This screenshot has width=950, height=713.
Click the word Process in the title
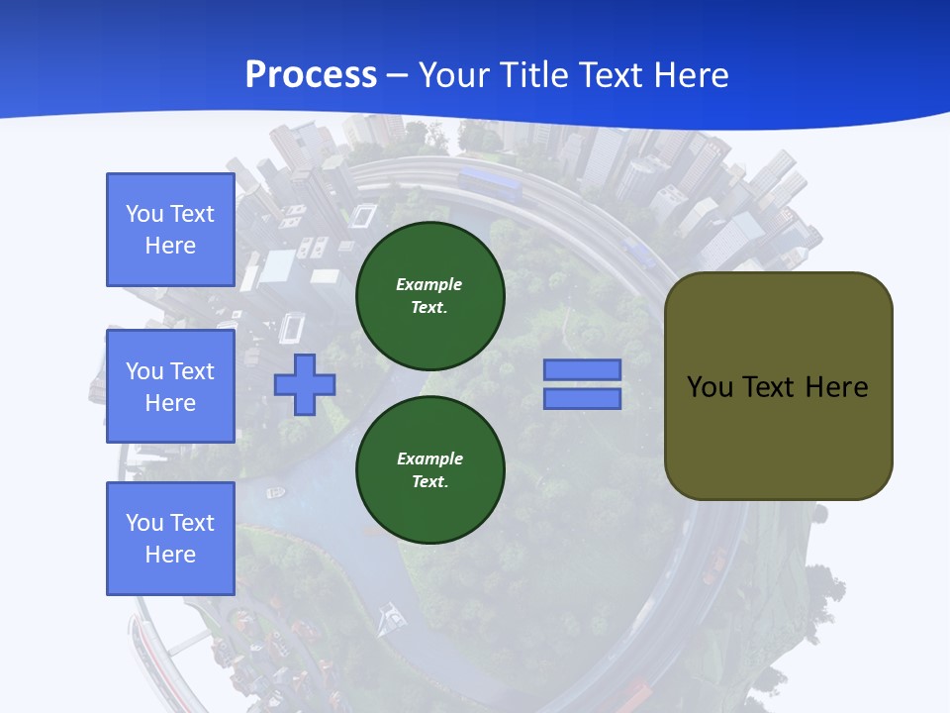pos(311,75)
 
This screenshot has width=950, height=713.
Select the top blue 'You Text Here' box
pos(170,230)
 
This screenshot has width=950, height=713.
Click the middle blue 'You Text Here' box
pos(170,386)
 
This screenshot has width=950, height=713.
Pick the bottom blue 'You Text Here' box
pos(170,539)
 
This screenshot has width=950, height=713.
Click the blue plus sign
pos(305,384)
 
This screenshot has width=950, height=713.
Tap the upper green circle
pos(429,295)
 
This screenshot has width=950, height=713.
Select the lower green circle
pos(429,469)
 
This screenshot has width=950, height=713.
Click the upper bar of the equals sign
pos(582,370)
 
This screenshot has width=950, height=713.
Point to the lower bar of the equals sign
pos(582,398)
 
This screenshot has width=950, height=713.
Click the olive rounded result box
pos(778,386)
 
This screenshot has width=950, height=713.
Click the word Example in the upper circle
pos(428,284)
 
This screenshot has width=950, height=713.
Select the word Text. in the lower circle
pos(429,482)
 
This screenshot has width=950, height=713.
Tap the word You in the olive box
pos(710,386)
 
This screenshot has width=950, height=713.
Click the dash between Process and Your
pos(398,75)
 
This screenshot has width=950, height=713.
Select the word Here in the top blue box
pos(170,246)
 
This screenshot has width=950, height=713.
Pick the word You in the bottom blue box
pos(144,523)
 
